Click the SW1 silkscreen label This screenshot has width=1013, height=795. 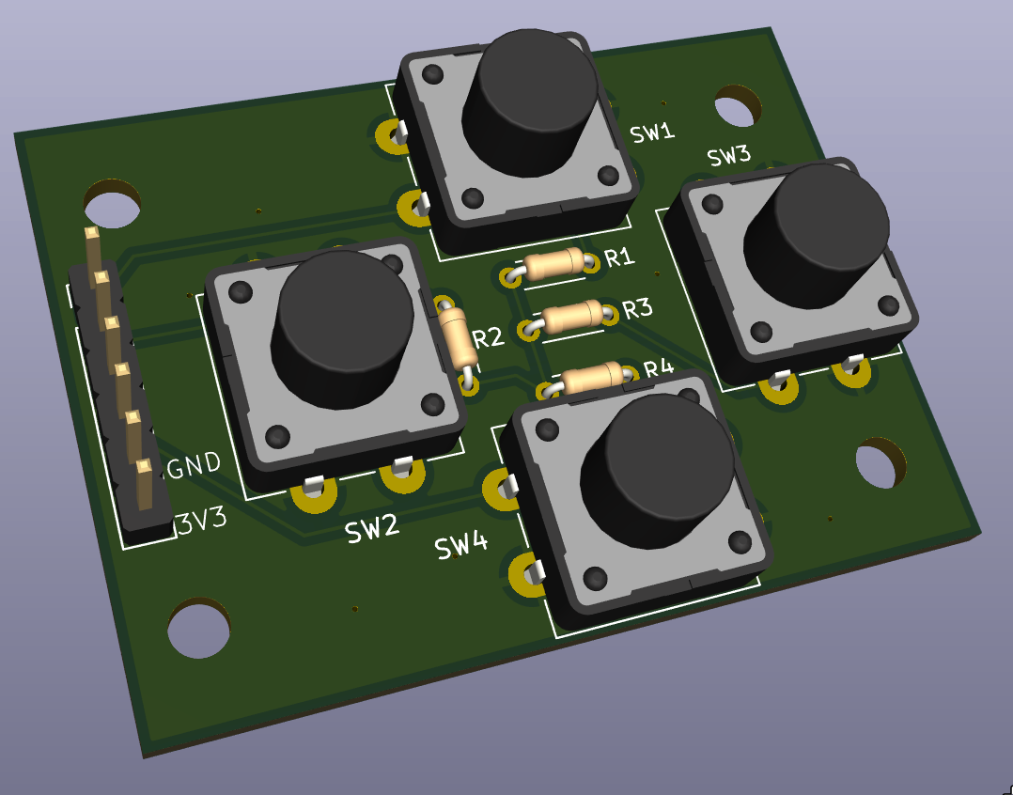click(652, 133)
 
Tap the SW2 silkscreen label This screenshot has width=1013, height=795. click(372, 530)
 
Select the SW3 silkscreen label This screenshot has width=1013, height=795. click(729, 156)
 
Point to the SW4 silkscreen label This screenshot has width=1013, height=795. click(461, 547)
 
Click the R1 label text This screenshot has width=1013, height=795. click(619, 258)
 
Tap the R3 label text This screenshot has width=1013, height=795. click(638, 309)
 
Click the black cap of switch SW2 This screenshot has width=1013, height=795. click(342, 329)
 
